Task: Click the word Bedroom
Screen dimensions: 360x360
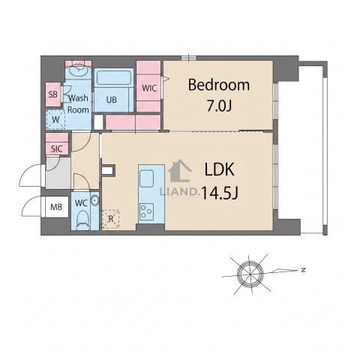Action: click(219, 85)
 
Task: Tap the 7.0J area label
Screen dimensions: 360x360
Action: click(219, 106)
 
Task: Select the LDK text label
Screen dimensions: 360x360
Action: click(220, 169)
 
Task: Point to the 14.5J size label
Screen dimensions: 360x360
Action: click(219, 193)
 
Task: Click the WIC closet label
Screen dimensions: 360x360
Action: click(149, 88)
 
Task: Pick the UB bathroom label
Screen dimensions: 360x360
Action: click(112, 100)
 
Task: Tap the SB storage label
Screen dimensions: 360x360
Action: click(53, 94)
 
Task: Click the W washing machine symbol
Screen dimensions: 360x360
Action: click(55, 119)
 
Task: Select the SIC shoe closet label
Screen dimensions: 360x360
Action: click(56, 149)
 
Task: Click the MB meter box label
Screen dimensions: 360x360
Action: click(56, 207)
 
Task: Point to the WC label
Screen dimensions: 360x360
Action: click(81, 203)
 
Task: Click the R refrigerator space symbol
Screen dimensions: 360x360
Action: click(111, 219)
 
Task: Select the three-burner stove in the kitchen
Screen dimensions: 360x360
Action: click(146, 211)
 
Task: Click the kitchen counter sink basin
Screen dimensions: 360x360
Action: click(146, 178)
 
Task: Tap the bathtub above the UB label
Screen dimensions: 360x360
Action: click(114, 78)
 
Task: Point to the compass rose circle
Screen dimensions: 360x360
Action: click(250, 274)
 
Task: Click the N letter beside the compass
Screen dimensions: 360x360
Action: click(304, 270)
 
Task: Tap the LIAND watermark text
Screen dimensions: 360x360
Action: click(178, 192)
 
